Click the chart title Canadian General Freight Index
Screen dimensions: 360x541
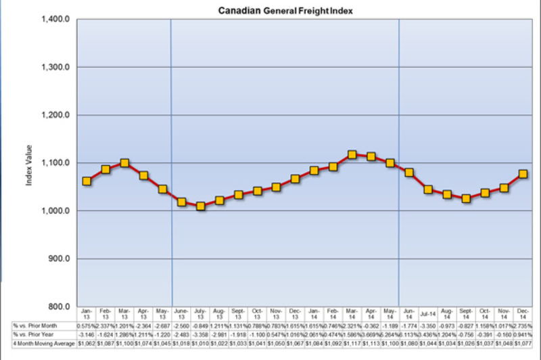285,11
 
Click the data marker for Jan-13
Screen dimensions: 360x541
87,181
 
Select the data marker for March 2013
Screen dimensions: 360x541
124,163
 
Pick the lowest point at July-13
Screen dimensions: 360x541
200,206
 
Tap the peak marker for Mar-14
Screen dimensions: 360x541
352,155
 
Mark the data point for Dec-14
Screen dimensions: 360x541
523,174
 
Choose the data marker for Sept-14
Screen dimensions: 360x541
466,198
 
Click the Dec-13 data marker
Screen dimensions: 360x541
295,179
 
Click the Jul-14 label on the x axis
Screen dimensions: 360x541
428,314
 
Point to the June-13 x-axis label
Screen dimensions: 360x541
181,314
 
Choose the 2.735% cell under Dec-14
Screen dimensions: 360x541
523,325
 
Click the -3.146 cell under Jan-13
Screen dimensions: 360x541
87,334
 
